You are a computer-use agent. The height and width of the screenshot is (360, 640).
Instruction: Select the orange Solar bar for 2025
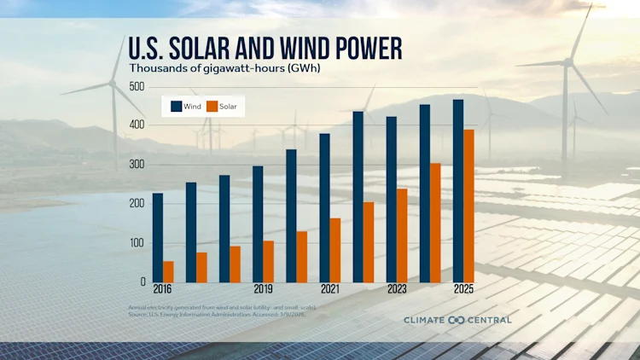pyautogui.click(x=468, y=205)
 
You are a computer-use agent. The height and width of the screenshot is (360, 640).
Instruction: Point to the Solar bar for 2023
pyautogui.click(x=402, y=235)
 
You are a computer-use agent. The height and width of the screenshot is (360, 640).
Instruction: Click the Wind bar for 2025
pyautogui.click(x=458, y=190)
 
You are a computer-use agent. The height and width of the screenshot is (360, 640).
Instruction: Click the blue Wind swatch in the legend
pyautogui.click(x=176, y=107)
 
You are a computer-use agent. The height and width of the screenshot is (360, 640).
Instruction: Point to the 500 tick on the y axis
pyautogui.click(x=136, y=87)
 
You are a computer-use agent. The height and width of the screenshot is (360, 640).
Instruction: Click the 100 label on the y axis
pyautogui.click(x=136, y=243)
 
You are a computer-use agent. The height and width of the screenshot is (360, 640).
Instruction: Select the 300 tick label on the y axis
pyautogui.click(x=136, y=165)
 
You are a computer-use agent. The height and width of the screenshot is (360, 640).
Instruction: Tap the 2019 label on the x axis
pyautogui.click(x=262, y=290)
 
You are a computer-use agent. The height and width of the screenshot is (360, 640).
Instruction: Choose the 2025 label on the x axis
pyautogui.click(x=463, y=290)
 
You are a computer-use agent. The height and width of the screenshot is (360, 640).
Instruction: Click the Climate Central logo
pyautogui.click(x=457, y=320)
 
